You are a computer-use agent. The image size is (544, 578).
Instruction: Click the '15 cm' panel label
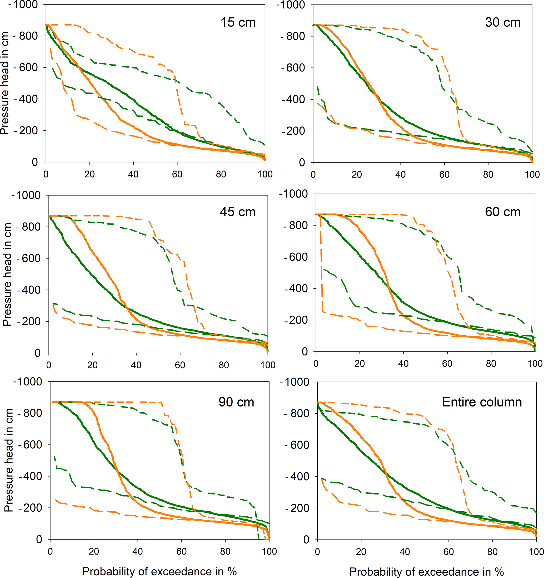(238, 23)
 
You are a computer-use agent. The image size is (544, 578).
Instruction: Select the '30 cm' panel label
(503, 23)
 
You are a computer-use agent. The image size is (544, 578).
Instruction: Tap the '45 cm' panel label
(238, 212)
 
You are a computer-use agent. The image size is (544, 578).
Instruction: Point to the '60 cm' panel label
(503, 212)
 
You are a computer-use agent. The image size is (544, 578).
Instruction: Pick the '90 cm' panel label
(236, 402)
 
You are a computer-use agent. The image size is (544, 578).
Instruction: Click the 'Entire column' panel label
(482, 402)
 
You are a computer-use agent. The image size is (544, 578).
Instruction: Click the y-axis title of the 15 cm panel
(5, 83)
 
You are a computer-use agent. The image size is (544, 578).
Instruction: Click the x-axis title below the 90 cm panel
(159, 571)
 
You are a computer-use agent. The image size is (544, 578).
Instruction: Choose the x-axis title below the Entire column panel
(427, 571)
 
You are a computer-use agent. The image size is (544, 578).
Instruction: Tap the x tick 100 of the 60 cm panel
(535, 364)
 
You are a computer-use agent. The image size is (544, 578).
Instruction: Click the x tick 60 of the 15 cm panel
(177, 174)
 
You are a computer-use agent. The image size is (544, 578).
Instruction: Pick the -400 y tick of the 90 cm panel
(31, 476)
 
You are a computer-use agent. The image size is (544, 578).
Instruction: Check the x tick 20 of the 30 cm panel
(357, 174)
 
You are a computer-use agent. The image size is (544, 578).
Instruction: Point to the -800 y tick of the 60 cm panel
(295, 225)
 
